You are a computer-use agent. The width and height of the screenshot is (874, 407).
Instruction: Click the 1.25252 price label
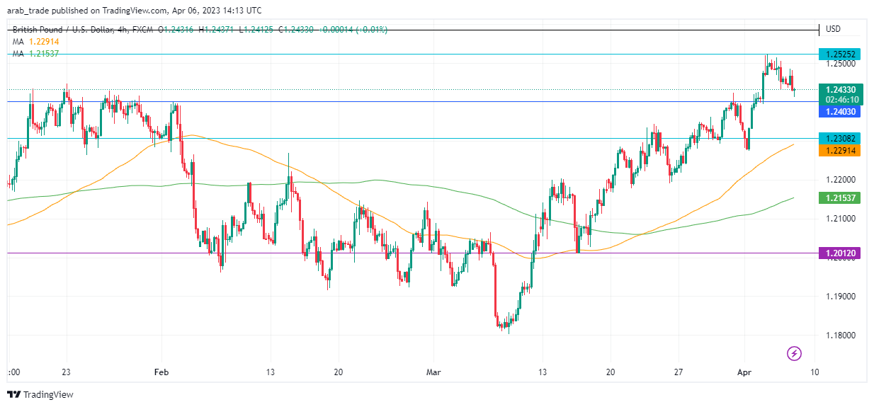coord(839,54)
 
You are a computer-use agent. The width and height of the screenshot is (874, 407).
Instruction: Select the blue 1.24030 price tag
coord(839,111)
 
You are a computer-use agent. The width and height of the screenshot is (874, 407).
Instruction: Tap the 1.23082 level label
coord(839,139)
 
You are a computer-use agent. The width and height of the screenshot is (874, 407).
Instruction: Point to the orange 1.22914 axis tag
coord(839,150)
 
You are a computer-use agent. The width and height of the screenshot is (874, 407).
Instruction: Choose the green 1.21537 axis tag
coord(839,198)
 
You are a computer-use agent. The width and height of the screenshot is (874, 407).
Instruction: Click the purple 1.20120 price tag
coord(839,253)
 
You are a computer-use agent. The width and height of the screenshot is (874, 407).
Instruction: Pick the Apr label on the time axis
coord(744,372)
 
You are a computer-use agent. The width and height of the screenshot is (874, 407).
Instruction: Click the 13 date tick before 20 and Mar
coord(270,372)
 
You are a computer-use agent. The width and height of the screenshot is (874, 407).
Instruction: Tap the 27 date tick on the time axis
coord(678,372)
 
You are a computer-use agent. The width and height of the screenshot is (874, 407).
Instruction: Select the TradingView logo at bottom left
coord(40,394)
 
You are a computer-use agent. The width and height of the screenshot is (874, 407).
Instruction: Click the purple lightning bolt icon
coord(795,352)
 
